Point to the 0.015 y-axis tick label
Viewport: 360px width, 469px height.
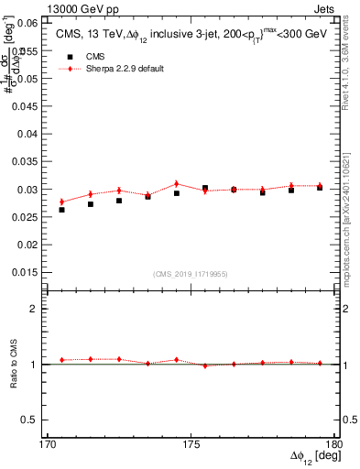point(24,273)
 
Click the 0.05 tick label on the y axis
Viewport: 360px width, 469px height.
point(26,79)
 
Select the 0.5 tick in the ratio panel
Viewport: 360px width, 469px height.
point(29,420)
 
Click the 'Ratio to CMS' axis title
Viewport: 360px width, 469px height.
point(14,364)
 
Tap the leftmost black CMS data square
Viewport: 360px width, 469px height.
point(61,210)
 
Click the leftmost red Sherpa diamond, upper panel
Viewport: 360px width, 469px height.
point(61,202)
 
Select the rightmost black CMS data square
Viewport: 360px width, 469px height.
point(320,187)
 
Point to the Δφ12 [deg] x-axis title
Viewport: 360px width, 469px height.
point(315,458)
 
